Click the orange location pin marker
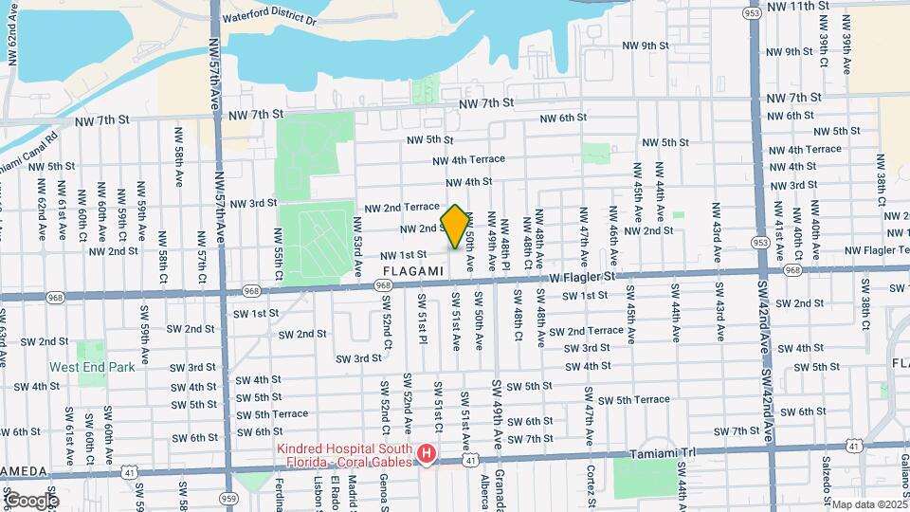[x=455, y=227]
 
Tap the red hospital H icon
[x=428, y=456]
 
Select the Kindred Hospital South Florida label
[x=345, y=455]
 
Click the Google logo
[x=30, y=501]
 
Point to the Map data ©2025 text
[x=868, y=504]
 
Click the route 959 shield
[x=227, y=496]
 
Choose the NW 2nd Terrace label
[x=402, y=207]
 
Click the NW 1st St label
[x=404, y=255]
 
